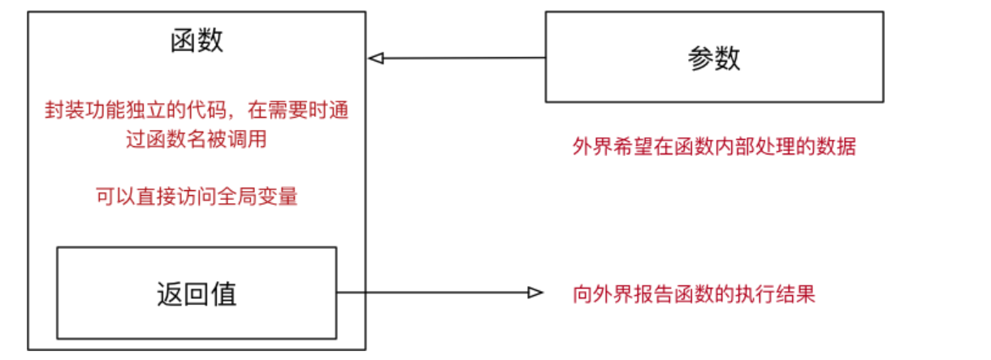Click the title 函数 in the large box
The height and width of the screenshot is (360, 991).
tap(197, 41)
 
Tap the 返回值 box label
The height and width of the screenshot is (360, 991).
tap(197, 293)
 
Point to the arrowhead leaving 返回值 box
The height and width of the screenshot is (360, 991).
tap(535, 293)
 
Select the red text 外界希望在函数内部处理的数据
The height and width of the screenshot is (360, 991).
tap(714, 147)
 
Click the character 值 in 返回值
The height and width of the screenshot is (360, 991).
tap(223, 293)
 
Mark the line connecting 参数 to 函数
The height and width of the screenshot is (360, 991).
tap(463, 59)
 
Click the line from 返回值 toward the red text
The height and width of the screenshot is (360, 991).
tap(431, 293)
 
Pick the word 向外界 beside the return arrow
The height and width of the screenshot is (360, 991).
tap(599, 293)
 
